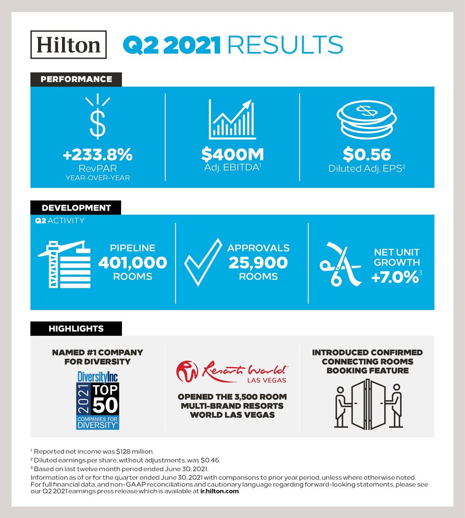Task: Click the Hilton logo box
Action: click(68, 45)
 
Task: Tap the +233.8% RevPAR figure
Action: click(98, 155)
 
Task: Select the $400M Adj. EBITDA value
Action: click(232, 155)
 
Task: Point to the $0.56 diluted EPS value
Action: click(367, 155)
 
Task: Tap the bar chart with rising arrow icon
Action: click(232, 120)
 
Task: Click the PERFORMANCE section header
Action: click(76, 79)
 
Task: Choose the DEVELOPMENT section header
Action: click(76, 208)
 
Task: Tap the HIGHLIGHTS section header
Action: click(76, 328)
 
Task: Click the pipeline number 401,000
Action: click(132, 263)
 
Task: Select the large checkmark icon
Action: click(203, 262)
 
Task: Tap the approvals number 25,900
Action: click(258, 263)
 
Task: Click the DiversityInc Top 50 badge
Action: click(98, 400)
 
